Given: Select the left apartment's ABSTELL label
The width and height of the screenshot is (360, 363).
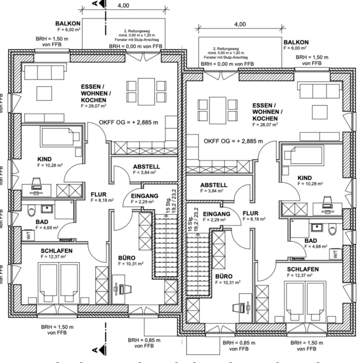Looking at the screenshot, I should pos(146,166).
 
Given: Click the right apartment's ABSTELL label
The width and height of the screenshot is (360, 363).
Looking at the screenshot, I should pos(213,185).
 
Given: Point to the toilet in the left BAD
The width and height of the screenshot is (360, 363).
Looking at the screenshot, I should pos(32,212).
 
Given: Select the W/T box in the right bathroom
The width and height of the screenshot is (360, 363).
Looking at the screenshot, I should pos(335,253).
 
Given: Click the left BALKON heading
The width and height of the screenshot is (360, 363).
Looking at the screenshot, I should pos(65,23).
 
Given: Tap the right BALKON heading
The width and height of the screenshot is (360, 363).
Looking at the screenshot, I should pos(295,42).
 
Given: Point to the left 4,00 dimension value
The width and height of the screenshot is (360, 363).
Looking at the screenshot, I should pos(123,5).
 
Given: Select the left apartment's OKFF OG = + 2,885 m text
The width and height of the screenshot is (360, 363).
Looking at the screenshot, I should pos(129,122).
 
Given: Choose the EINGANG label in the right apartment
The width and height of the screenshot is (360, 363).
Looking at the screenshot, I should pos(216,213).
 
